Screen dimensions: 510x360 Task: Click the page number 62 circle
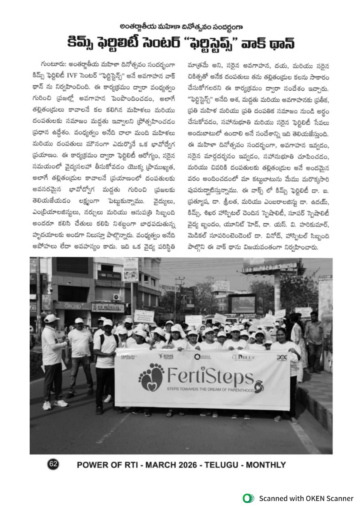pyautogui.click(x=53, y=464)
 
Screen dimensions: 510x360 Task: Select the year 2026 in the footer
pyautogui.click(x=188, y=465)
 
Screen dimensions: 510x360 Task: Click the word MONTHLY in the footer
pyautogui.click(x=266, y=465)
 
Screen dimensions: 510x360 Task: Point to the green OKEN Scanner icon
pyautogui.click(x=248, y=498)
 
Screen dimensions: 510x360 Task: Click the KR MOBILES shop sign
pyautogui.click(x=107, y=307)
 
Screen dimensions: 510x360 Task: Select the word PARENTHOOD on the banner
pyautogui.click(x=241, y=390)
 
